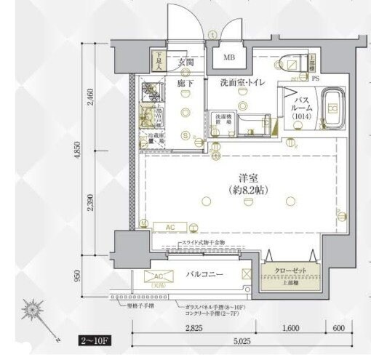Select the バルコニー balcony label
202,275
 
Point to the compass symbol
34,311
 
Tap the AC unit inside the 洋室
169,227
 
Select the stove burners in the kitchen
153,89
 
